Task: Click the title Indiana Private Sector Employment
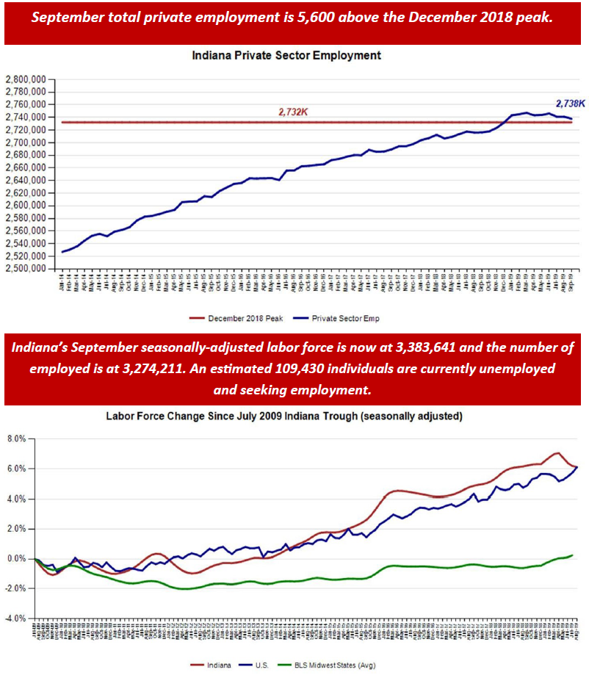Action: click(x=286, y=55)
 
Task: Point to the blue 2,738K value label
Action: click(x=569, y=104)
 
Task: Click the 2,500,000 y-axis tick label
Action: click(x=26, y=268)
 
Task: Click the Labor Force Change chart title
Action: click(x=283, y=416)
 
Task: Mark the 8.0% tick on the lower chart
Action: click(x=16, y=438)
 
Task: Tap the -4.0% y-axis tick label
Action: click(x=15, y=618)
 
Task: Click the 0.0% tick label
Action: click(x=16, y=559)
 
